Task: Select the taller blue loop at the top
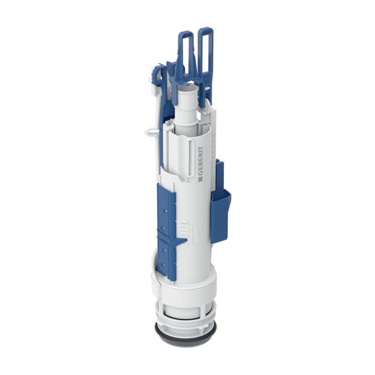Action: [205, 51]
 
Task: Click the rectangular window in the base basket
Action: [185, 311]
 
